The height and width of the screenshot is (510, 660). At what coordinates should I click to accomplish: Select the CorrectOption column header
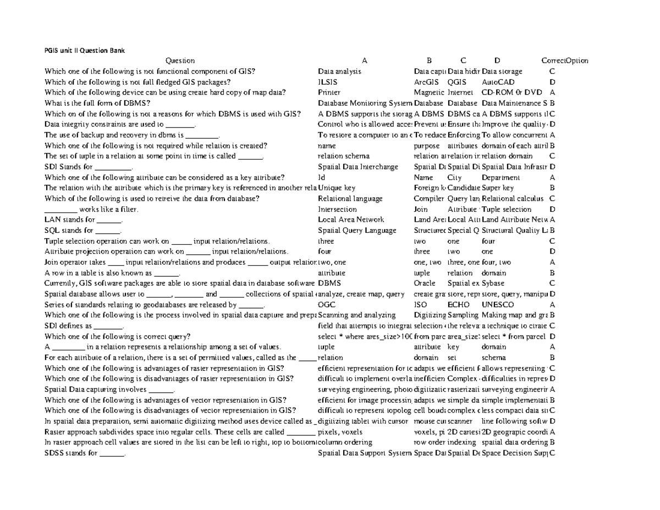click(x=565, y=61)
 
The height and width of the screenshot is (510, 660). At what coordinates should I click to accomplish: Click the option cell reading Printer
click(x=329, y=92)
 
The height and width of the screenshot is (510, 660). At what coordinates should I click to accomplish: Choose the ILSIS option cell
click(x=328, y=82)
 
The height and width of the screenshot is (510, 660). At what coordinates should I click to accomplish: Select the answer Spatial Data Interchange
click(x=358, y=167)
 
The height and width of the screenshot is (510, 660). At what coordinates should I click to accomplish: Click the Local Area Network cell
click(x=351, y=220)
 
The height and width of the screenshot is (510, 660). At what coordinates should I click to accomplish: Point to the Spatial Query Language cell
click(x=357, y=231)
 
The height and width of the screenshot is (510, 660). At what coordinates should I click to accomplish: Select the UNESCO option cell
click(x=498, y=305)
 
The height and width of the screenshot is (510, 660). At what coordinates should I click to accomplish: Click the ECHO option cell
click(x=458, y=305)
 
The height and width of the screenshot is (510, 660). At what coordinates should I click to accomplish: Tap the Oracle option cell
click(x=424, y=283)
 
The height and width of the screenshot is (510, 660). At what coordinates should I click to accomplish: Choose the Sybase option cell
click(x=493, y=283)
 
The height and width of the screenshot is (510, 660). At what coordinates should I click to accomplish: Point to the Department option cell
click(x=500, y=178)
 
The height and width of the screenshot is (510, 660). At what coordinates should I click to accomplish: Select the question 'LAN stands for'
click(x=83, y=220)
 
